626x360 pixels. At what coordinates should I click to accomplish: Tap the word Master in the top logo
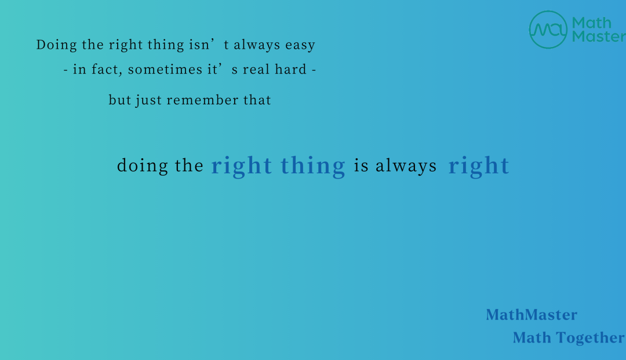[x=599, y=37]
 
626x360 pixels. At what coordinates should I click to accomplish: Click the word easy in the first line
[x=300, y=45]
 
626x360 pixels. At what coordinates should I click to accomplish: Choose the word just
[x=148, y=100]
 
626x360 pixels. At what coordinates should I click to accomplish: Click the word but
[x=120, y=100]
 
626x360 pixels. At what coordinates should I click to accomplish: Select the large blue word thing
[x=312, y=166]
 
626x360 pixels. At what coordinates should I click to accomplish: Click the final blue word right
[x=479, y=166]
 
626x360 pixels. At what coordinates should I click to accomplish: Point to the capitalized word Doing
[x=56, y=45]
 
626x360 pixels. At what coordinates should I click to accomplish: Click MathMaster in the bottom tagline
[x=532, y=315]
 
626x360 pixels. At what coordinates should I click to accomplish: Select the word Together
[x=591, y=338]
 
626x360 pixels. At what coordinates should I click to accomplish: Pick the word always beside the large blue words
[x=406, y=166]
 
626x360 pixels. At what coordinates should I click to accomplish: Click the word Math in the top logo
[x=592, y=23]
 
